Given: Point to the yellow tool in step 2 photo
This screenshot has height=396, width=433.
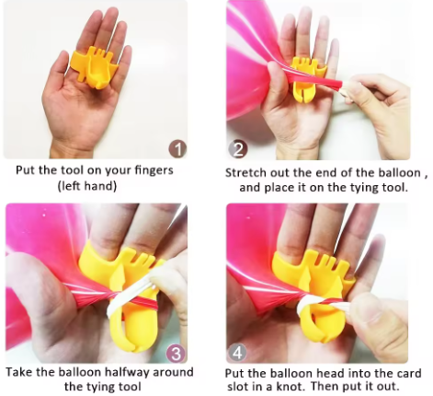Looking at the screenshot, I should point(311,74).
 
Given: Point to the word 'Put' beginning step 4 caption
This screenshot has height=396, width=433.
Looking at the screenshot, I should point(237,373).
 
